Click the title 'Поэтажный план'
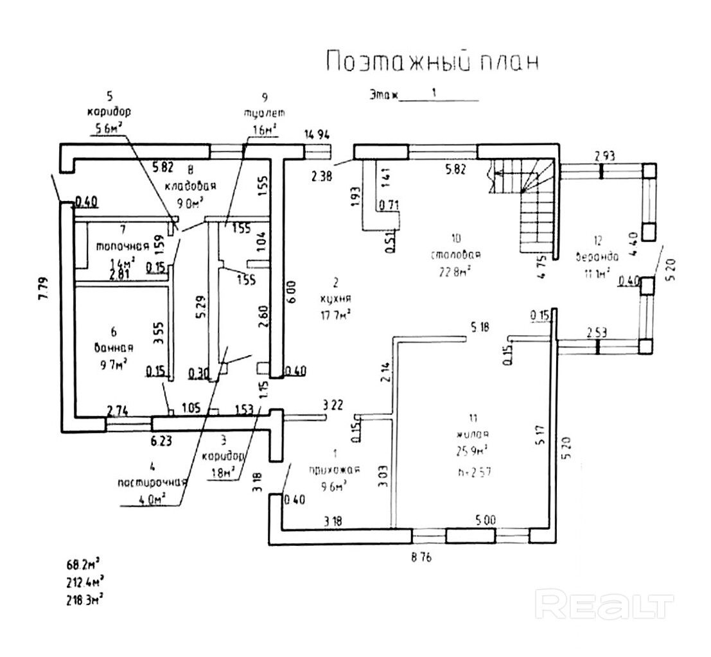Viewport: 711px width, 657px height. (x=431, y=62)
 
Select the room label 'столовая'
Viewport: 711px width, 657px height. (x=456, y=255)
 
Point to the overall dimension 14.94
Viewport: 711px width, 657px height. (x=317, y=134)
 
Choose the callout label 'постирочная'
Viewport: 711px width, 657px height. (x=152, y=482)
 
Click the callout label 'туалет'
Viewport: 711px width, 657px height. (x=263, y=112)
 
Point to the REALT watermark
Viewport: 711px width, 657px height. (x=605, y=606)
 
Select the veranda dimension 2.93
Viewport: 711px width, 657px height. (x=604, y=155)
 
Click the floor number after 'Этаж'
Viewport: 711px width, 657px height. (x=435, y=93)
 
